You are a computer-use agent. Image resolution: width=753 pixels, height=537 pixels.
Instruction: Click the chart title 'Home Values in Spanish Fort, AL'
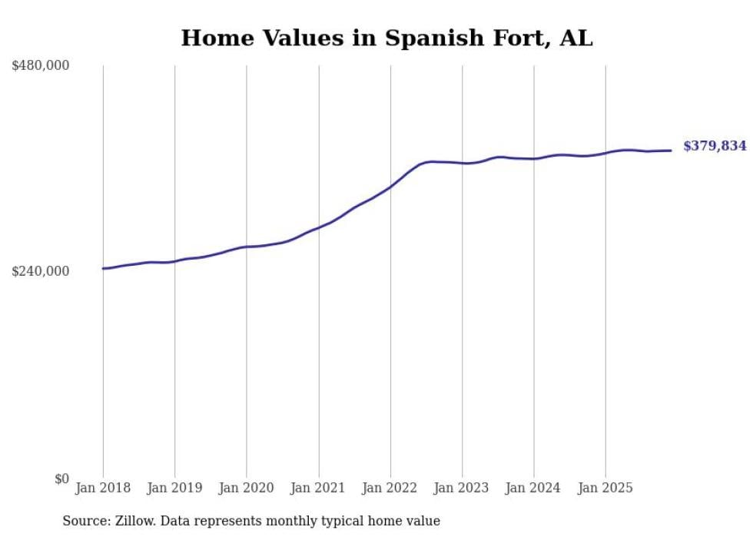tap(386, 38)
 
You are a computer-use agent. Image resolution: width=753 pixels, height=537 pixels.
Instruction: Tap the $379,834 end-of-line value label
tap(715, 146)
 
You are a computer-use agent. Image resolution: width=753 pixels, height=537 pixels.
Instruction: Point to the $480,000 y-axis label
tap(40, 66)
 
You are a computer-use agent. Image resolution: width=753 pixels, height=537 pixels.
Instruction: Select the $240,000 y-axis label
tap(40, 271)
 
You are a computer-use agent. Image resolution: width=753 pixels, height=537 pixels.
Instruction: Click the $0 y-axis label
tap(61, 479)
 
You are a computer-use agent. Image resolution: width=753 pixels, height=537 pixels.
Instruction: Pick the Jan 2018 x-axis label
tap(103, 488)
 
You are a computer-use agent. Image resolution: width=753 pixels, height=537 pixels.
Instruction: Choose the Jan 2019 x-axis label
tap(174, 488)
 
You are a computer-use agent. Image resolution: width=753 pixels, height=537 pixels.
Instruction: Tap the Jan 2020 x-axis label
tap(247, 488)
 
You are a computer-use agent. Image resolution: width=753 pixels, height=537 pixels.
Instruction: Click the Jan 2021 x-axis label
tap(318, 488)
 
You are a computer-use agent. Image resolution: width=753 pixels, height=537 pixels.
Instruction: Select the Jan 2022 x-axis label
tap(390, 488)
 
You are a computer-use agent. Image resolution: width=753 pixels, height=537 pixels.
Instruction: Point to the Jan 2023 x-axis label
tap(462, 488)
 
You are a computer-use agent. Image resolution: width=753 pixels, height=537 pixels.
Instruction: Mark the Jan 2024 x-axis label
tap(534, 488)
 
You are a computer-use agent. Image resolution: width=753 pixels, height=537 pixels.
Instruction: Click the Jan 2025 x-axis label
tap(605, 488)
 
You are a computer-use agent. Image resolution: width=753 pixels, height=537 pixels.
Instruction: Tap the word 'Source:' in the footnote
tap(86, 522)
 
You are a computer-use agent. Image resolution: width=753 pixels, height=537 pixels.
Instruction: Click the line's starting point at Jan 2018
tap(103, 268)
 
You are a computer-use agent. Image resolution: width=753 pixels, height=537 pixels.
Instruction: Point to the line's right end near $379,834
tap(672, 151)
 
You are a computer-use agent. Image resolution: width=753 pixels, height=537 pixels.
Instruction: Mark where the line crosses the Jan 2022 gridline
tap(390, 186)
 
